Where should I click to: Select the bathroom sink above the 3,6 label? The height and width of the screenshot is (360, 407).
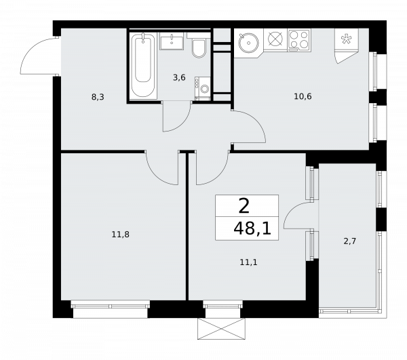click(172, 42)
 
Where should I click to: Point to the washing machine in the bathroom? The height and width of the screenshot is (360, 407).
click(202, 88)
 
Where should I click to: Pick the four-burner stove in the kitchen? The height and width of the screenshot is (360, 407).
click(298, 39)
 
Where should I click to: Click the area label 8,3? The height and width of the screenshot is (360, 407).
click(98, 97)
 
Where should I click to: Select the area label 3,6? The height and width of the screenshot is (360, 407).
click(179, 77)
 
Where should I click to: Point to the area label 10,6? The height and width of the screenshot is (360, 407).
click(303, 96)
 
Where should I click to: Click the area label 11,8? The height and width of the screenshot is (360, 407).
click(120, 235)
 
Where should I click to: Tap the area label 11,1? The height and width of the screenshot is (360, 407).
click(248, 261)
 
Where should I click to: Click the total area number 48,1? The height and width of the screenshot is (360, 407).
click(252, 228)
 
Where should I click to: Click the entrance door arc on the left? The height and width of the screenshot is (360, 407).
click(35, 54)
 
